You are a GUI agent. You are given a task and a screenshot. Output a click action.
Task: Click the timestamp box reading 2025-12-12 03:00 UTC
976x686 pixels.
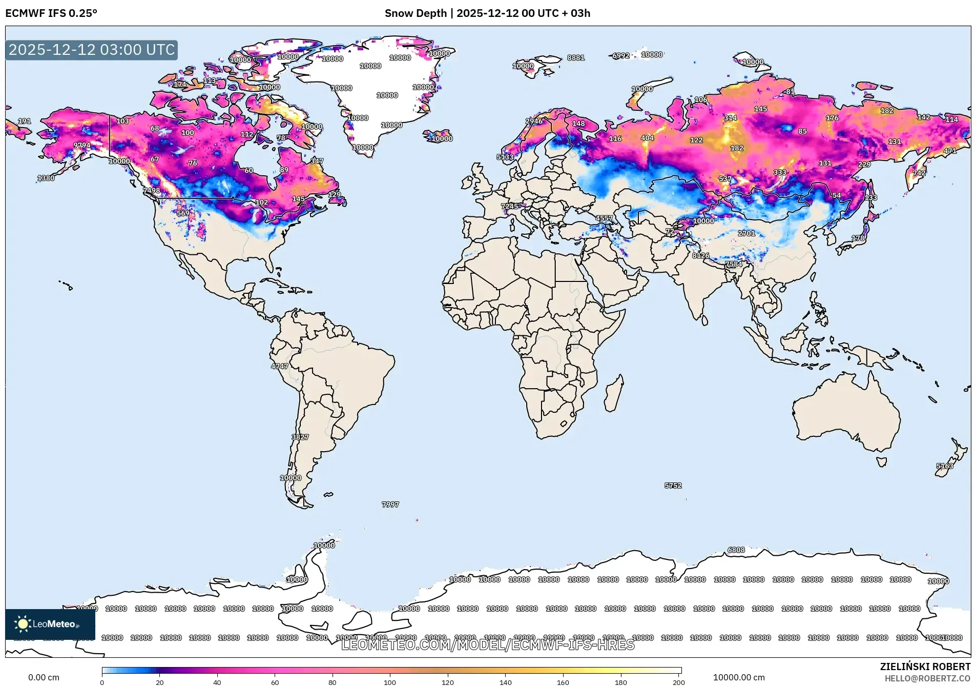click(92, 50)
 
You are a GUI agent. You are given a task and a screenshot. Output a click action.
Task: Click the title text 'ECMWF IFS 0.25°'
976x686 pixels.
click(51, 13)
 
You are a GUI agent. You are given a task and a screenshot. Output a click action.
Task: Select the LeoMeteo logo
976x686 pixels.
click(50, 624)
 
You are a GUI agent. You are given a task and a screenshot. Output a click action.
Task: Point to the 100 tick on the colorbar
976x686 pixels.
click(390, 682)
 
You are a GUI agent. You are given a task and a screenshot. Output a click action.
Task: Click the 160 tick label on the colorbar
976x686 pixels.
click(563, 682)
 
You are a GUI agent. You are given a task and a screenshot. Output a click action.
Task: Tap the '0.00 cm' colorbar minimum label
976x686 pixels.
click(44, 677)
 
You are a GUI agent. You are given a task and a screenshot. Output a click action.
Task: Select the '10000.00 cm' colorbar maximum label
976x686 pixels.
click(739, 677)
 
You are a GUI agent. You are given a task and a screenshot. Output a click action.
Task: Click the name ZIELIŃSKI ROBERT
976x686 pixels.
click(925, 667)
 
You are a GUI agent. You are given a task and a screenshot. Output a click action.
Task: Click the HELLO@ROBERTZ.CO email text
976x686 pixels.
click(927, 678)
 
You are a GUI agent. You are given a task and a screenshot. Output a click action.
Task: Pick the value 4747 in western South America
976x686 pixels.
click(280, 366)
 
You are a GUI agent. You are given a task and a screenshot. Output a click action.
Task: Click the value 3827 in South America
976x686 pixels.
click(300, 437)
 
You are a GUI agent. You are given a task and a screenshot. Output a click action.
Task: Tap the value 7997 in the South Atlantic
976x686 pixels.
click(390, 505)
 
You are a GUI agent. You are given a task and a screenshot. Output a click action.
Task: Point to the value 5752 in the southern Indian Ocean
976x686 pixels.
click(673, 485)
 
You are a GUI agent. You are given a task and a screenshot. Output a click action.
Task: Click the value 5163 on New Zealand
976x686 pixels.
click(945, 466)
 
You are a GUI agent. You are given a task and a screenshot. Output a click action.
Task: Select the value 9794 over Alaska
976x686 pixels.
click(82, 145)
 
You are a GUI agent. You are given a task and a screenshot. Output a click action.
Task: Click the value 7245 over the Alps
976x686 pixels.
click(509, 206)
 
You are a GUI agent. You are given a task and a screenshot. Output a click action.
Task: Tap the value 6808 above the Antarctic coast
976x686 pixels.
click(736, 550)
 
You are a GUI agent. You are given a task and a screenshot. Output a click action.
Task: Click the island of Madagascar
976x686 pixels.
click(614, 395)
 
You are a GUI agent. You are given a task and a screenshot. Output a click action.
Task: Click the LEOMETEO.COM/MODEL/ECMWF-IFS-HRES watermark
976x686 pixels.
click(488, 645)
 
